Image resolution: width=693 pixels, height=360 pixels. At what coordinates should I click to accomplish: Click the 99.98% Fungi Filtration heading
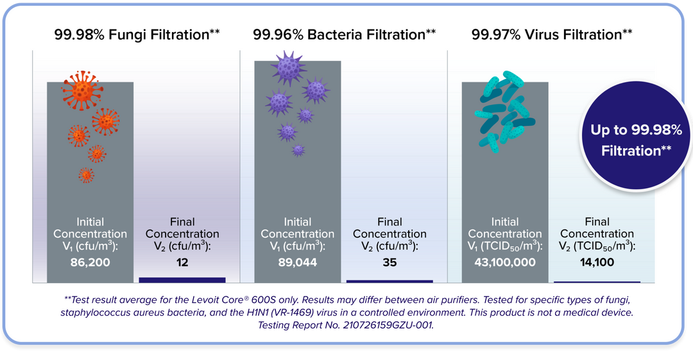(x=137, y=35)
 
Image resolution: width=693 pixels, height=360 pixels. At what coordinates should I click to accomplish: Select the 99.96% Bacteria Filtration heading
(x=345, y=35)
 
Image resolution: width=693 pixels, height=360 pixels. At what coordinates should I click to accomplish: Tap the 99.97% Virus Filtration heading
(x=552, y=35)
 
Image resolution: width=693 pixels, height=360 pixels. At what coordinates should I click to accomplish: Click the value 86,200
(x=90, y=262)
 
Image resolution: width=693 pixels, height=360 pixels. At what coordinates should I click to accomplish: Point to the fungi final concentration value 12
(x=182, y=262)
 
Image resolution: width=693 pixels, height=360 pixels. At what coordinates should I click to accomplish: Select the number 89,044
(x=298, y=262)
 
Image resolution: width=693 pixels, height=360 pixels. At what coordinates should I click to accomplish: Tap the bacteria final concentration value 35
(x=389, y=262)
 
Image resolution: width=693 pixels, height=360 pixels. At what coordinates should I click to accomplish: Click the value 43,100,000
(x=505, y=262)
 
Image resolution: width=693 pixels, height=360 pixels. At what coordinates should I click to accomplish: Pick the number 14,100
(x=597, y=262)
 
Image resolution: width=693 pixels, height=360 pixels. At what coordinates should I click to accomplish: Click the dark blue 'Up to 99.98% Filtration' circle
(x=636, y=135)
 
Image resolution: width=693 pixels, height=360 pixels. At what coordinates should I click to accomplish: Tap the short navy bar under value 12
(x=182, y=280)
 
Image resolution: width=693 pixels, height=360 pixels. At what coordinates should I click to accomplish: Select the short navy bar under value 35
(x=389, y=281)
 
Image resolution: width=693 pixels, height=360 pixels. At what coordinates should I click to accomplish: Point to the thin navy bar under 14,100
(x=597, y=282)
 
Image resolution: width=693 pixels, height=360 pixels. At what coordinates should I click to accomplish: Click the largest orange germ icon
(x=81, y=90)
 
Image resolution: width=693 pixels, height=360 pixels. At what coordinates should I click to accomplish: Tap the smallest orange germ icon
(x=86, y=175)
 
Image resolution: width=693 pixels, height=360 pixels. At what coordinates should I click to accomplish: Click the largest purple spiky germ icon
(x=288, y=67)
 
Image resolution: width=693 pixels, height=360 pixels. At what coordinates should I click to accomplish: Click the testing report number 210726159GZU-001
(x=388, y=325)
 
